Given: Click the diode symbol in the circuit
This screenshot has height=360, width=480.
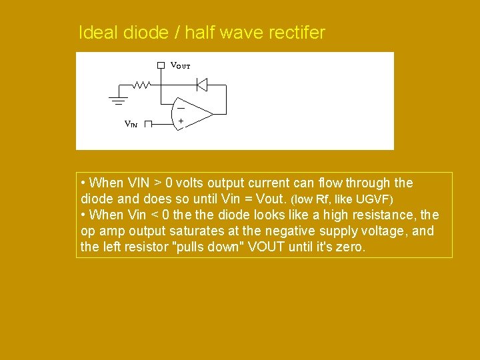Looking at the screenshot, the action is click(x=202, y=85).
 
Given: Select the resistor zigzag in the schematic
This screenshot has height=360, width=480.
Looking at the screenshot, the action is click(x=141, y=85).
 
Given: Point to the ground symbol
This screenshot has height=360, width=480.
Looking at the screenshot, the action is click(x=118, y=100).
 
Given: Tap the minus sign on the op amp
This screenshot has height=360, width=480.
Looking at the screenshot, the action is click(x=180, y=107).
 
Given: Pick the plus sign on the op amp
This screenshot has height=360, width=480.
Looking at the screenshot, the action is click(x=180, y=121).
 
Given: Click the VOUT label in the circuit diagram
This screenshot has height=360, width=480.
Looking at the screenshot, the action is click(x=180, y=65).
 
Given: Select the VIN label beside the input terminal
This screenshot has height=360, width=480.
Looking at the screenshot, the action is click(x=131, y=124).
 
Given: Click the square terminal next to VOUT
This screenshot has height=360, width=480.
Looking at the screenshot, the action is click(x=161, y=65).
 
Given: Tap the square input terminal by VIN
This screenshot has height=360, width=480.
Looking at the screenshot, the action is click(x=148, y=124).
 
